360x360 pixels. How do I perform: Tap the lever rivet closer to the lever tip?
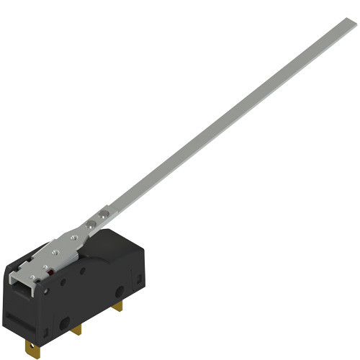click(104, 214)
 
